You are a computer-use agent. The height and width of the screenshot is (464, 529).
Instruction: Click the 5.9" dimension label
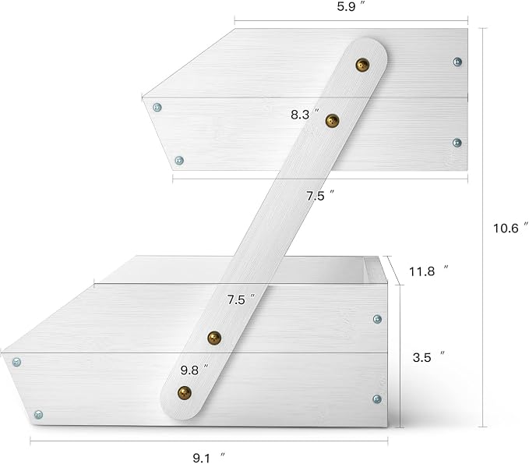coord(351,6)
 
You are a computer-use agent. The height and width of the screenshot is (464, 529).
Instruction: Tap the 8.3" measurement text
coord(305,114)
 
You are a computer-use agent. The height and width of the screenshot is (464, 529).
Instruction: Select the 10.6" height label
coord(510,228)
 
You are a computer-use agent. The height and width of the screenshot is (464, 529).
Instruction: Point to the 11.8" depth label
coord(428,271)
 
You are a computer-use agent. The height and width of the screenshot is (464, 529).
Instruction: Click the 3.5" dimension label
coord(428,356)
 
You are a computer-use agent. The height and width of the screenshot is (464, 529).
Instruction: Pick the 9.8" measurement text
coord(194,370)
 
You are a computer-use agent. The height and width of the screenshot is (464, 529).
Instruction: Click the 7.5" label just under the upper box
coord(320,196)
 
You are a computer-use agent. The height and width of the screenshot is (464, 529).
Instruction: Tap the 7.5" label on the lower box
coord(241,299)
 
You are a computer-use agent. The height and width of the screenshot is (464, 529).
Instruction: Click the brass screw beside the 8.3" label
coord(333,121)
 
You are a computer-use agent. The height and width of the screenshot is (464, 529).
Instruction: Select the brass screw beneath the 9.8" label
coord(185,393)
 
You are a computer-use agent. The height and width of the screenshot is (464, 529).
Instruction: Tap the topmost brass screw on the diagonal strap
coord(363,65)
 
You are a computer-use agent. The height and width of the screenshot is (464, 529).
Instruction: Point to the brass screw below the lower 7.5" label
coord(214,338)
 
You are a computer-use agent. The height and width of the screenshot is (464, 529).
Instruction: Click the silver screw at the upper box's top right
coord(457,62)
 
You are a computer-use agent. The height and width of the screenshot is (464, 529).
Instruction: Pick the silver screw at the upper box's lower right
coord(457,143)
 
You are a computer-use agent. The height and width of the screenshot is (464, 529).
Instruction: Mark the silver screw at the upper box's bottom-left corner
coord(179,160)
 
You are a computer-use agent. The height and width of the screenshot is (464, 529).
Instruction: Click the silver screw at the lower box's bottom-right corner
coord(377,399)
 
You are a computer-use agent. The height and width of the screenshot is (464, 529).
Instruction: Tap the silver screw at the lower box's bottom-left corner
coord(38,414)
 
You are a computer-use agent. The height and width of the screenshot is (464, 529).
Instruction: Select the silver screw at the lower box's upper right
coord(377,319)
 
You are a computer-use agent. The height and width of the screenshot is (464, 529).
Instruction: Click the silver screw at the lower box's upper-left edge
coord(16,362)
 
